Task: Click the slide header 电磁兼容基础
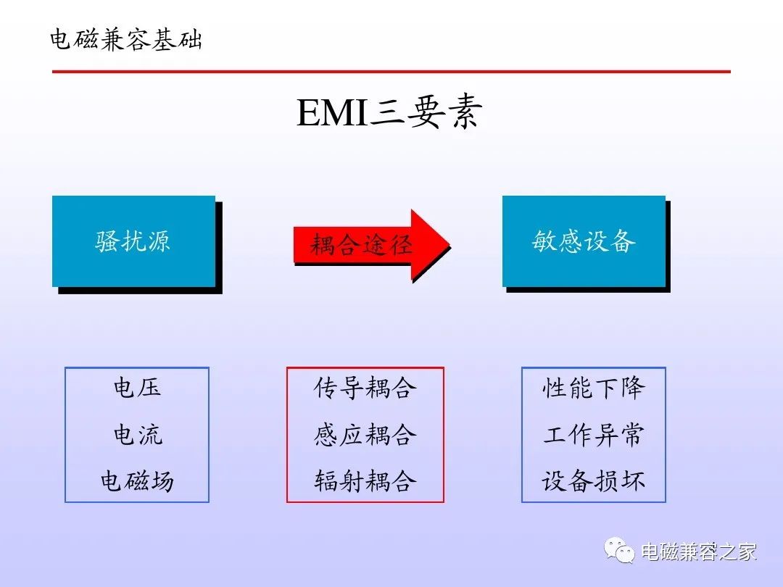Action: click(126, 39)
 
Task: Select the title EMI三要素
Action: click(389, 112)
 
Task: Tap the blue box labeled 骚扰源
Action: click(134, 241)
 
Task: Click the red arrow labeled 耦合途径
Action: click(372, 245)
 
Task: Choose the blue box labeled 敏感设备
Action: click(584, 241)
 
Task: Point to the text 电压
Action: click(137, 387)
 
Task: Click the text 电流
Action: click(138, 434)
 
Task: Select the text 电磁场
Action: click(137, 481)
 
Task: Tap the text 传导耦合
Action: click(365, 388)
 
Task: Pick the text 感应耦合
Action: click(365, 434)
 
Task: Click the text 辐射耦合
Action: click(365, 481)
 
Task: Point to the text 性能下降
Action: click(594, 388)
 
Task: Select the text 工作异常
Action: click(594, 434)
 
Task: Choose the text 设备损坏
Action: click(594, 481)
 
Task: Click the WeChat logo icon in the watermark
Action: click(619, 550)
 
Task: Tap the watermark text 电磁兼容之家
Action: click(699, 551)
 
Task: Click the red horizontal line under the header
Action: click(391, 71)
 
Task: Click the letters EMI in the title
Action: click(332, 113)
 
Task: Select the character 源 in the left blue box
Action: click(158, 241)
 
